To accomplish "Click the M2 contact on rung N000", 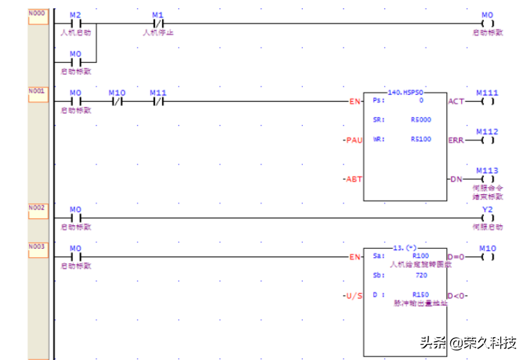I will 76,23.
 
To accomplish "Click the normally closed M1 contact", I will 157,23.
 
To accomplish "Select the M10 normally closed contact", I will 117,101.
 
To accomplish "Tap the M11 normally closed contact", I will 157,101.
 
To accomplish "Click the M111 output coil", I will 487,101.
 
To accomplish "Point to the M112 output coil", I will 487,140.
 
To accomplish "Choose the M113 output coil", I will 487,179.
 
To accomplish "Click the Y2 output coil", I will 487,218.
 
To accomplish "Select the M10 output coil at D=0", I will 487,257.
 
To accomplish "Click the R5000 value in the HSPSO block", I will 420,119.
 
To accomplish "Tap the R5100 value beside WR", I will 420,139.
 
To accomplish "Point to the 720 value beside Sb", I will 420,276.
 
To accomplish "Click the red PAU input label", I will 353,140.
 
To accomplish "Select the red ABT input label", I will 353,179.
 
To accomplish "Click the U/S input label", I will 352,296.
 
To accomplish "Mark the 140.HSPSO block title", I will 405,93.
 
